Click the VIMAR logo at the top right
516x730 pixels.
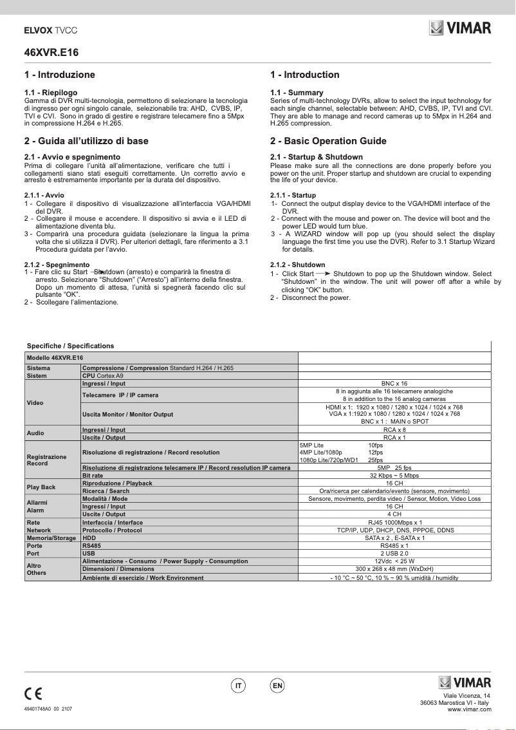[x=460, y=28]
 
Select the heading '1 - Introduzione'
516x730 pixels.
[x=59, y=75]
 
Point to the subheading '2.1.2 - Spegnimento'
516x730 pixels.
[x=57, y=265]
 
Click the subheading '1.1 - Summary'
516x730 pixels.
[x=297, y=93]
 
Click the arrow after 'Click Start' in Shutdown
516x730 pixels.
[x=324, y=274]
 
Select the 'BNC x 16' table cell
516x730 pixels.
[x=394, y=383]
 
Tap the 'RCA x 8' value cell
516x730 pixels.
[x=394, y=429]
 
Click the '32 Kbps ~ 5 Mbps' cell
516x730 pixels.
[x=394, y=475]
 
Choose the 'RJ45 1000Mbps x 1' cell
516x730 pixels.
[x=394, y=522]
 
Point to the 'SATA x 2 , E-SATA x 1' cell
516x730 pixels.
[x=394, y=538]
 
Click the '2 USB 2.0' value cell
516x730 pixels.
[x=394, y=553]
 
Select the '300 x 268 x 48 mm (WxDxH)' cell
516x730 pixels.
[x=394, y=569]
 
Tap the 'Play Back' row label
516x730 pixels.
[x=40, y=487]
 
